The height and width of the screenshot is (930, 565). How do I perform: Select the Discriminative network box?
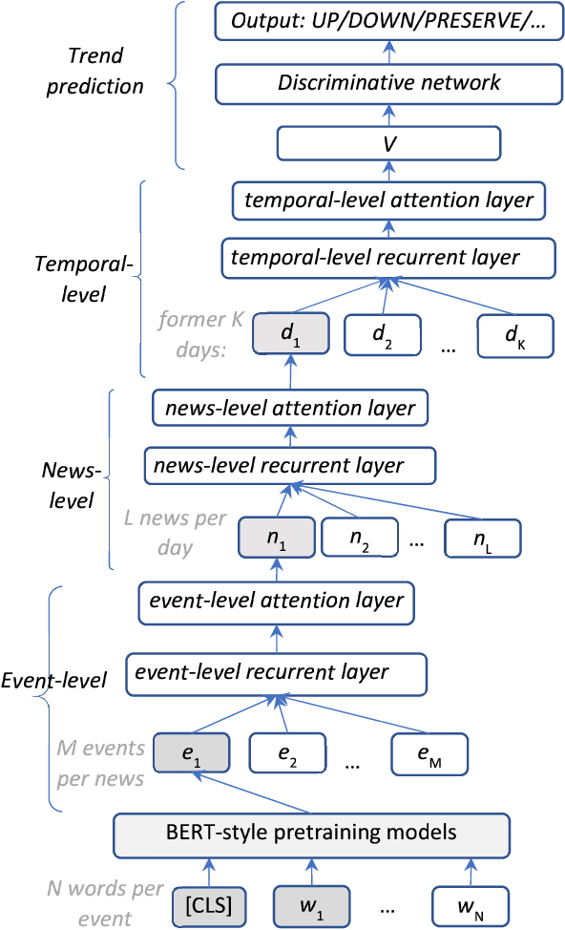(388, 83)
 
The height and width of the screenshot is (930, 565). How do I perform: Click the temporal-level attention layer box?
(388, 201)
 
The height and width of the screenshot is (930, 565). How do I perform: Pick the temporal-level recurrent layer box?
(388, 257)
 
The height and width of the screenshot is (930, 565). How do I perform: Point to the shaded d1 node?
(290, 336)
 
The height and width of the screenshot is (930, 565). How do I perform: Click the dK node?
(515, 336)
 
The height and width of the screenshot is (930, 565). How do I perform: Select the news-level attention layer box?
(290, 409)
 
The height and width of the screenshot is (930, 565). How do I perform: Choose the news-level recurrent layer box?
(290, 466)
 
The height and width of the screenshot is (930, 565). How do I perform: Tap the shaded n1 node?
(276, 539)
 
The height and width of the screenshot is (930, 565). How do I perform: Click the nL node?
(483, 539)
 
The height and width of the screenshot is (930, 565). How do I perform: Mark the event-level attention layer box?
(276, 602)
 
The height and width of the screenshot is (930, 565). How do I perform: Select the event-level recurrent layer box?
(276, 672)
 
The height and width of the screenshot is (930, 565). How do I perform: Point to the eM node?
(429, 753)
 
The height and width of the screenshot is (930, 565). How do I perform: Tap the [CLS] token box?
(209, 902)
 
